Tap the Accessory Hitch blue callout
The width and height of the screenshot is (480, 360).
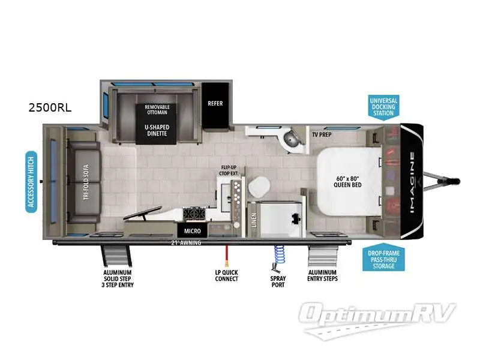[32, 182]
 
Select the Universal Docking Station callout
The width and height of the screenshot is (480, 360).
[383, 106]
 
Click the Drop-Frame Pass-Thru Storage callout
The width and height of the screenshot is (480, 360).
[383, 259]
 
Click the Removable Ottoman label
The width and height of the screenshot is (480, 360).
[157, 110]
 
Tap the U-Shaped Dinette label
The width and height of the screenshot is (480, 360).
[157, 131]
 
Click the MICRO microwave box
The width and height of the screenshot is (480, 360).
[192, 230]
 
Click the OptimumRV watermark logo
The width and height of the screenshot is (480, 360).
[379, 315]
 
